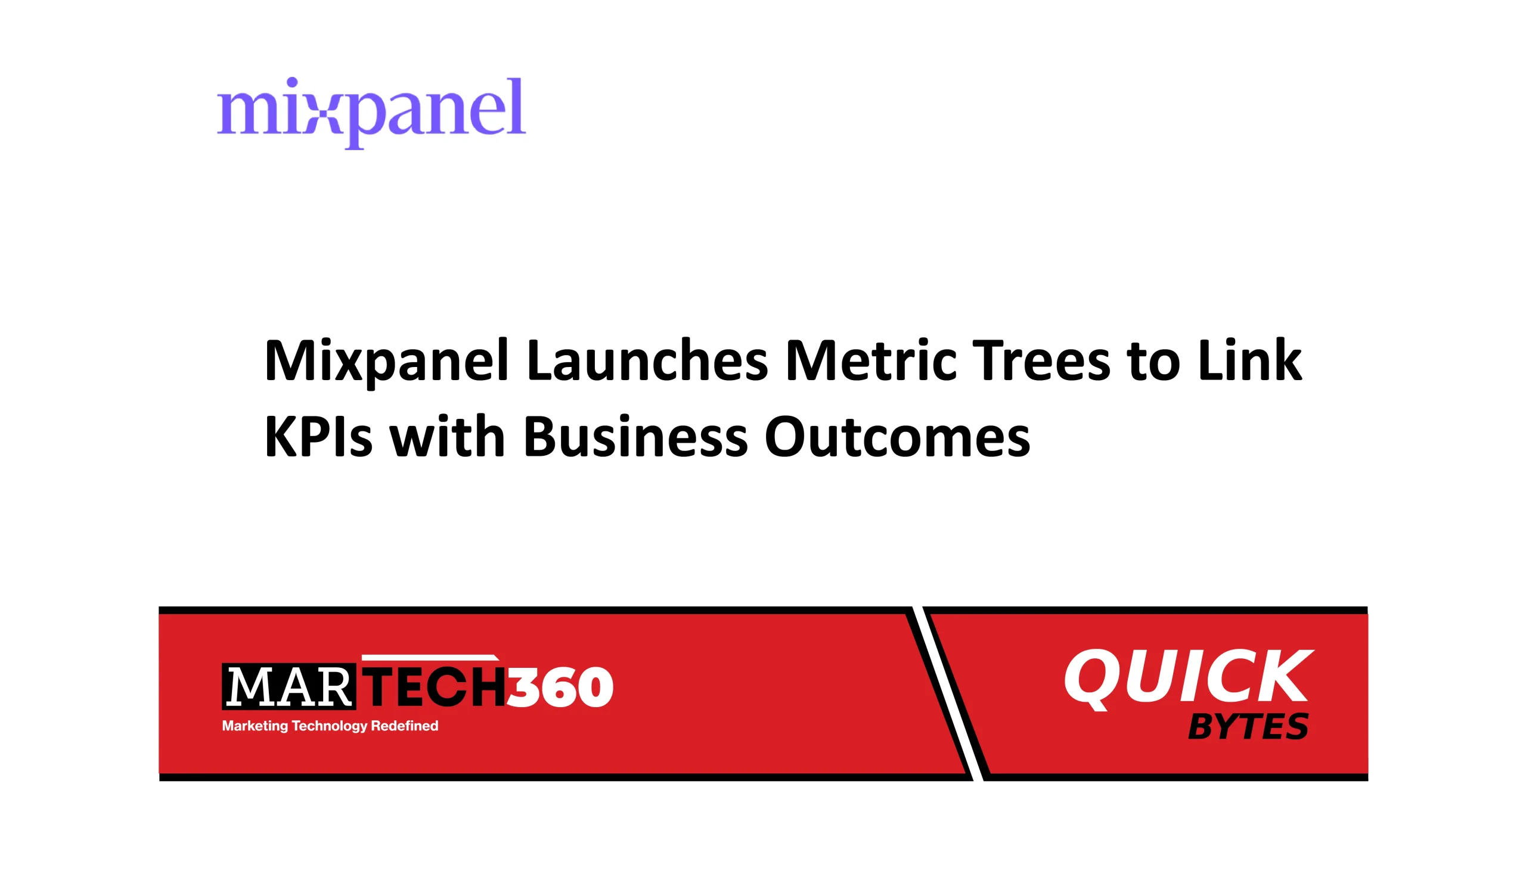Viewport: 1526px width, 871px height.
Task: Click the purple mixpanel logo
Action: pyautogui.click(x=371, y=113)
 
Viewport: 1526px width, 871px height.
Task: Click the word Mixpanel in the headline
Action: pyautogui.click(x=386, y=361)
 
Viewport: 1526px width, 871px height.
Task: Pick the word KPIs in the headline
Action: pyautogui.click(x=318, y=436)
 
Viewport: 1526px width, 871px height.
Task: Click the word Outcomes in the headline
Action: pyautogui.click(x=897, y=436)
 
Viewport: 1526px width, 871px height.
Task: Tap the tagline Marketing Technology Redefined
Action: pyautogui.click(x=330, y=726)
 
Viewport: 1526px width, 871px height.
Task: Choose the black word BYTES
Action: pyautogui.click(x=1248, y=726)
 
